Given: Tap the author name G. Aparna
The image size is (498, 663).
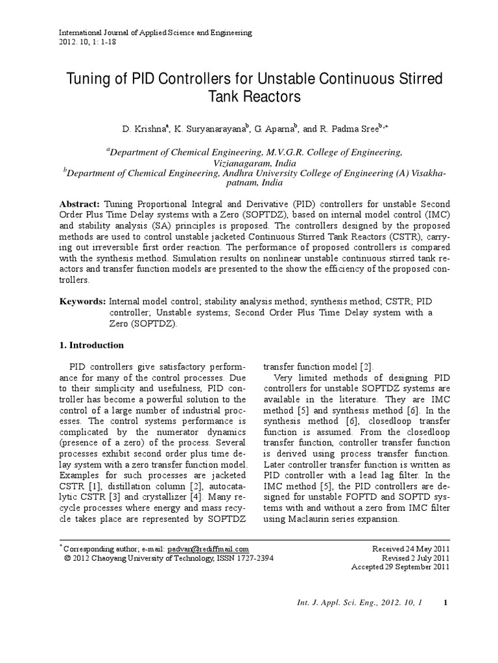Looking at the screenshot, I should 274,129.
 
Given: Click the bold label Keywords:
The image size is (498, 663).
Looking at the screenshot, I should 83,302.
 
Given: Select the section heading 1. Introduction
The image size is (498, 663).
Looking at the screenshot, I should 92,345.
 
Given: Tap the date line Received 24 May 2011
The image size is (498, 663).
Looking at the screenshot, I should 410,548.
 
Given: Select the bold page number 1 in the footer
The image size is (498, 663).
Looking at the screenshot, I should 445,603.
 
